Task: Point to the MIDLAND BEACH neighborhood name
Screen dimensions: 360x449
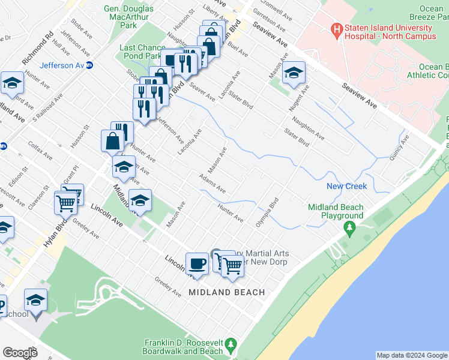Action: point(226,292)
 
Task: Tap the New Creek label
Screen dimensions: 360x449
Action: point(346,187)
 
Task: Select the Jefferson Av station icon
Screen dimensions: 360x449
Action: point(89,65)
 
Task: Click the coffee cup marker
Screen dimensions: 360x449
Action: point(196,263)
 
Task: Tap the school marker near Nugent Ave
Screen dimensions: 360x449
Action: point(294,73)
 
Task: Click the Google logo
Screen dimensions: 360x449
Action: point(20,353)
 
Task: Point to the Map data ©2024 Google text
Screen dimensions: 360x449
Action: point(412,355)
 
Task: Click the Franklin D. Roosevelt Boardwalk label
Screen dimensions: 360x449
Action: point(183,347)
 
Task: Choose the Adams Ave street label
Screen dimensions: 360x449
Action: point(212,184)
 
